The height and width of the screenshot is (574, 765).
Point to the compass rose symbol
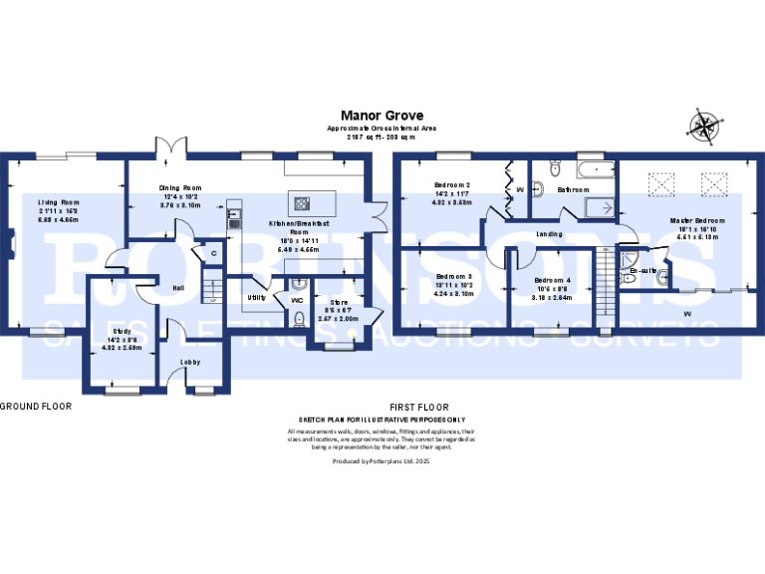tap(703, 127)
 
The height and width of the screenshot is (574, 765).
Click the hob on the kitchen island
tap(300, 204)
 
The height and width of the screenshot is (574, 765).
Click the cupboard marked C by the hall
tap(213, 255)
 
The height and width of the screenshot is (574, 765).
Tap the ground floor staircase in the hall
tap(210, 290)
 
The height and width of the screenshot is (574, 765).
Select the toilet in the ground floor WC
tap(300, 319)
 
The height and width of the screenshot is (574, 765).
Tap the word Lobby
tap(191, 362)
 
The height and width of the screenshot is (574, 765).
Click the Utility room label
tap(257, 297)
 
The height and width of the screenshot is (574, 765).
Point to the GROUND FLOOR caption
tap(30, 407)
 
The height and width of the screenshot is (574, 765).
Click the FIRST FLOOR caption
tap(418, 407)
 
